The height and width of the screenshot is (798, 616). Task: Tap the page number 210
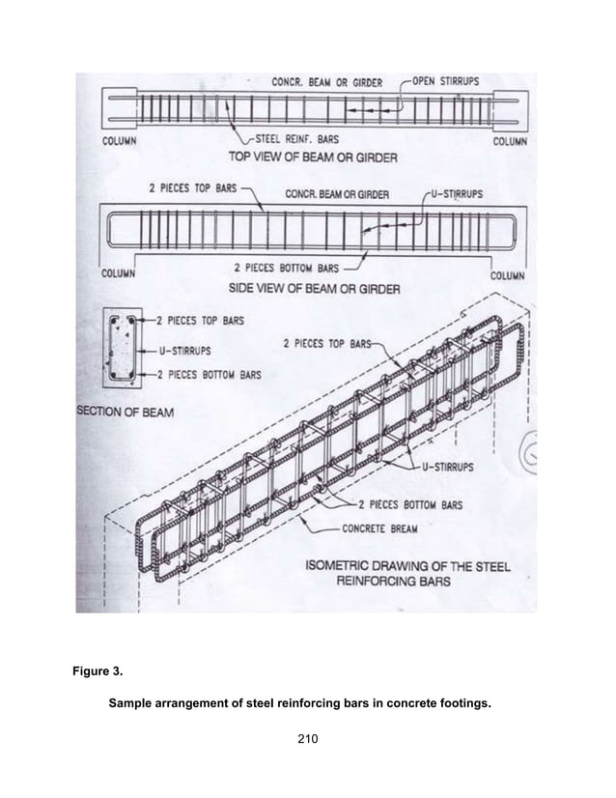pyautogui.click(x=307, y=739)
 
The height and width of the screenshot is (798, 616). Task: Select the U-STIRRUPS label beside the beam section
pyautogui.click(x=179, y=351)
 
